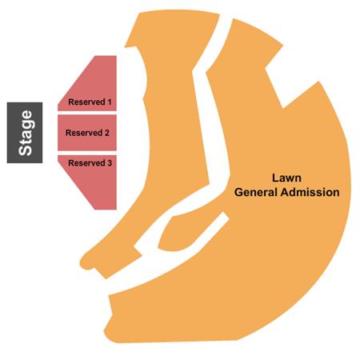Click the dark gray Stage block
click(x=25, y=133)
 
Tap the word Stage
click(x=26, y=133)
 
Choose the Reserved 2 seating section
click(x=87, y=133)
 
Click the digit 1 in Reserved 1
click(x=109, y=102)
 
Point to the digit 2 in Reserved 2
click(x=106, y=133)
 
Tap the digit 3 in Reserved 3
click(x=110, y=163)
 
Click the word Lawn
click(x=286, y=178)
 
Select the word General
click(x=256, y=192)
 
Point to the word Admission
click(x=310, y=192)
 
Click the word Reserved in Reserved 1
click(x=86, y=102)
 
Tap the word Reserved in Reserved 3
click(x=86, y=163)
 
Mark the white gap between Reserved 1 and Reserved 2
click(x=87, y=113)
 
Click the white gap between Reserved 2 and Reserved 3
click(x=87, y=153)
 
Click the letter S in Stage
click(x=26, y=150)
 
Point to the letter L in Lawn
click(x=275, y=178)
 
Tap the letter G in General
click(x=238, y=192)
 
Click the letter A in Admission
click(x=286, y=192)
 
